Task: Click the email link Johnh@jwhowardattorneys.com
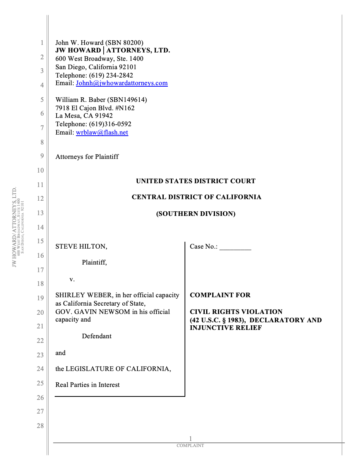click(x=122, y=83)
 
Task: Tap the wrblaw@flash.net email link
click(x=102, y=133)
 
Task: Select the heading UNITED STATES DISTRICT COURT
click(x=196, y=181)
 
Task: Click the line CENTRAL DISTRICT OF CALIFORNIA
click(x=196, y=197)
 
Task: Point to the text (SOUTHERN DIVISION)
click(x=196, y=214)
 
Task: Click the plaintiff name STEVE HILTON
click(x=81, y=247)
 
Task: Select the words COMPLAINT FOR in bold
click(x=220, y=295)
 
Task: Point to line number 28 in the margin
click(x=40, y=426)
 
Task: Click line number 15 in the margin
click(x=40, y=241)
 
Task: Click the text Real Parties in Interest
click(x=87, y=385)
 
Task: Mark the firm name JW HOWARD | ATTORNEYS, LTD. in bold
click(x=112, y=51)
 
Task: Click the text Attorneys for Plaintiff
click(x=87, y=157)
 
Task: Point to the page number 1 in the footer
click(x=191, y=439)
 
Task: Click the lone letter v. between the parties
click(x=72, y=279)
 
